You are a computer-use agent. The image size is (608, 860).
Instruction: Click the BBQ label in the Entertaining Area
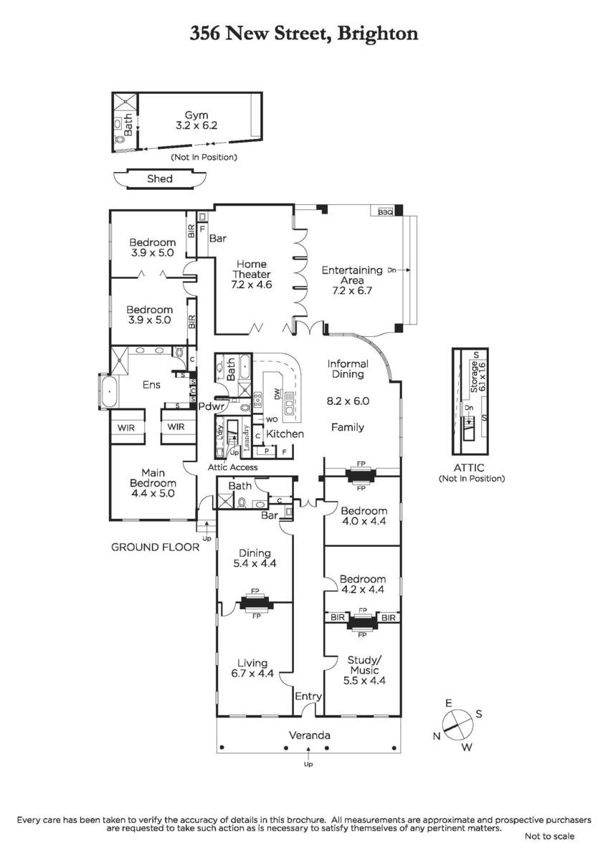pyautogui.click(x=385, y=212)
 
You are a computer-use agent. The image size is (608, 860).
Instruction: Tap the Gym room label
pyautogui.click(x=196, y=115)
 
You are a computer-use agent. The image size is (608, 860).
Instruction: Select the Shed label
pyautogui.click(x=160, y=178)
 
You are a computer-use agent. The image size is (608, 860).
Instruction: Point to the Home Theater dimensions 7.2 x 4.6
pyautogui.click(x=251, y=285)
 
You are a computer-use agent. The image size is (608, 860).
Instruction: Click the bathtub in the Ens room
pyautogui.click(x=110, y=392)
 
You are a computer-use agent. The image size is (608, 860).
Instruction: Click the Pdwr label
pyautogui.click(x=211, y=406)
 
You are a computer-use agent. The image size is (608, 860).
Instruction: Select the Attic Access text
pyautogui.click(x=233, y=467)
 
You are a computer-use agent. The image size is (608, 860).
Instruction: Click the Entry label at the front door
pyautogui.click(x=308, y=697)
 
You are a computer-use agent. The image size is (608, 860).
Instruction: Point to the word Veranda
pyautogui.click(x=310, y=735)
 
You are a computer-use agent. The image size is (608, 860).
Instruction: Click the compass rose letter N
pyautogui.click(x=437, y=736)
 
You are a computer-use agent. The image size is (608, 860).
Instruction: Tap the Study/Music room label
pyautogui.click(x=364, y=665)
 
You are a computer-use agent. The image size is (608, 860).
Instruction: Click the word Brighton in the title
pyautogui.click(x=378, y=34)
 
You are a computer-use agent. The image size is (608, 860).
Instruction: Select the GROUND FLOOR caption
pyautogui.click(x=155, y=548)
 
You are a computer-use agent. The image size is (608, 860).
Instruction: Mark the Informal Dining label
pyautogui.click(x=348, y=369)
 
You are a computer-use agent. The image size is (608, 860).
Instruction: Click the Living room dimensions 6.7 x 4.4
pyautogui.click(x=252, y=673)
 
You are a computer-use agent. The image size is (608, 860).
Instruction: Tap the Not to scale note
pyautogui.click(x=550, y=836)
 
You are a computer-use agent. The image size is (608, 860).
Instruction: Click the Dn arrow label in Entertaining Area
pyautogui.click(x=391, y=270)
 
